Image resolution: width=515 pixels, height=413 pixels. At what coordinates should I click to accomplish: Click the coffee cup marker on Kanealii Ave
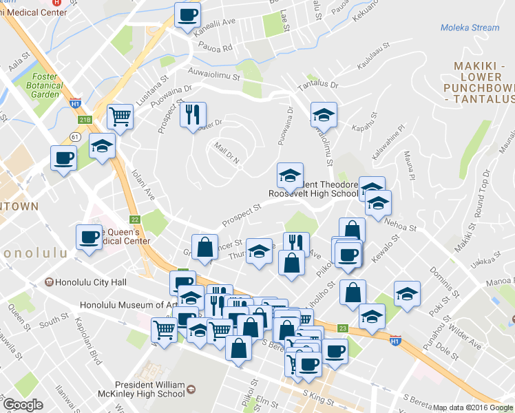pos(187,14)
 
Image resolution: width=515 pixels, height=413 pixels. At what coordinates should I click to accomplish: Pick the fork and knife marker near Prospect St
pos(193,114)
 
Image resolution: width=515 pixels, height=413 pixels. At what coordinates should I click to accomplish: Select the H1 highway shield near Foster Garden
pos(75,104)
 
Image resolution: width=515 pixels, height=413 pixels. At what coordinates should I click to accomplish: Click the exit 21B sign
pos(84,120)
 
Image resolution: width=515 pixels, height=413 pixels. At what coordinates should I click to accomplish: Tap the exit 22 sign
pos(135,220)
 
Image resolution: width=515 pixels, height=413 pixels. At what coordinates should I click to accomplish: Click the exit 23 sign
pos(343,329)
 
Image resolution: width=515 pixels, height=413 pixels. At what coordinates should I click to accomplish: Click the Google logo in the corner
pos(23,405)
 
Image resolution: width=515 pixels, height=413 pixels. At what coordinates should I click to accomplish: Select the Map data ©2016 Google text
pos(473,407)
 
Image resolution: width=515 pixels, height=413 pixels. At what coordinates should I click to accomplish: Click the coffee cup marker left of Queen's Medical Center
pos(90,237)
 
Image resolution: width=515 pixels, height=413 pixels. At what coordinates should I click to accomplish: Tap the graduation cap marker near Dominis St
pos(407,293)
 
